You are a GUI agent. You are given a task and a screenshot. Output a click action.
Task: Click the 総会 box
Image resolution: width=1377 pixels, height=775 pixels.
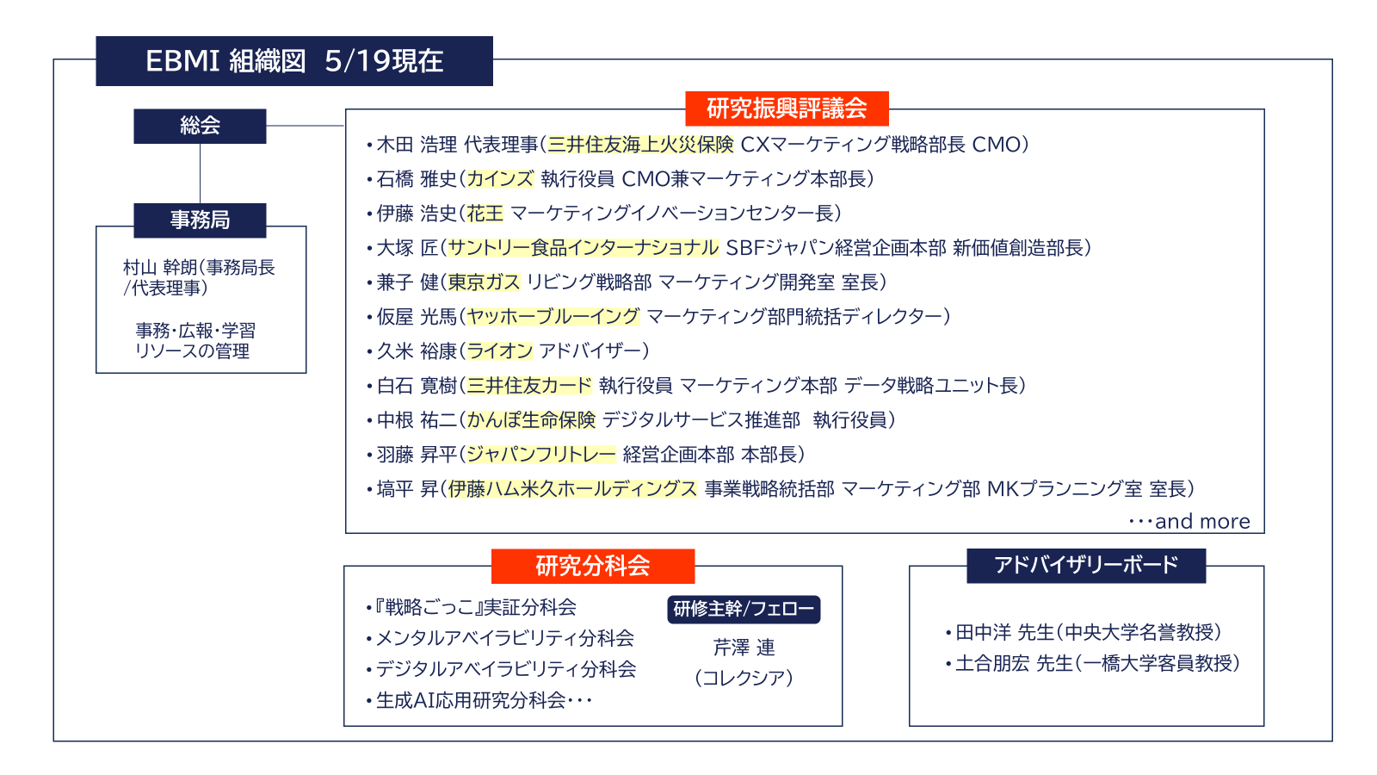tap(200, 126)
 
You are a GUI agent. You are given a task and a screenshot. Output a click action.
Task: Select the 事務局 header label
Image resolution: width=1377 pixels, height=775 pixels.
tap(200, 220)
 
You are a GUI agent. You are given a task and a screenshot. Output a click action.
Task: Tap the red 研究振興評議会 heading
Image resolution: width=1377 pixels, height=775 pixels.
tap(787, 108)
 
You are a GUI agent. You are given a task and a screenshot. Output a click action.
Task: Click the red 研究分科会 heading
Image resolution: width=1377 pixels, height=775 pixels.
tap(593, 566)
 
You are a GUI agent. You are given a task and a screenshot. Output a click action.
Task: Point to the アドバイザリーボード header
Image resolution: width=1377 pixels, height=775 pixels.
tap(1086, 565)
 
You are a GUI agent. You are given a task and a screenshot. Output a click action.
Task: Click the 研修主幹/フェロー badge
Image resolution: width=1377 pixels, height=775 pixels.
tap(744, 609)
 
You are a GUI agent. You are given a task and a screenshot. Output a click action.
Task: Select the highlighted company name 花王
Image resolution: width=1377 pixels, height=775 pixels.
tap(485, 214)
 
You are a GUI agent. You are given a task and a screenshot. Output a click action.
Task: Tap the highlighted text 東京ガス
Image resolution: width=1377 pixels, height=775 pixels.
tap(485, 282)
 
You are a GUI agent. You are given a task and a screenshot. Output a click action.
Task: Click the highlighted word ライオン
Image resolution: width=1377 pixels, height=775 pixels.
tap(500, 351)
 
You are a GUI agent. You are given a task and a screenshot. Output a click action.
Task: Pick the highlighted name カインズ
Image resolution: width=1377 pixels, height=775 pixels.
tap(500, 179)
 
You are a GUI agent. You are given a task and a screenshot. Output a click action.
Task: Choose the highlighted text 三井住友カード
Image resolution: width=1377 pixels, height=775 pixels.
tap(529, 386)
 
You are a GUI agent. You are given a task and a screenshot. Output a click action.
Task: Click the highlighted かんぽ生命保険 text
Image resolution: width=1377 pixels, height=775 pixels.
tap(531, 420)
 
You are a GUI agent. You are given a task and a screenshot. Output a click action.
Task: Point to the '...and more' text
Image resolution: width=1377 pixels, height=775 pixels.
tap(1189, 522)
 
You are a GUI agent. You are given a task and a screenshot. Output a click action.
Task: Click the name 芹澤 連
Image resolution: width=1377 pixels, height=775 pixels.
tap(744, 647)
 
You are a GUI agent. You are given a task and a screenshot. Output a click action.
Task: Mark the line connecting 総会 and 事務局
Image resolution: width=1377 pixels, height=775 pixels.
tap(200, 173)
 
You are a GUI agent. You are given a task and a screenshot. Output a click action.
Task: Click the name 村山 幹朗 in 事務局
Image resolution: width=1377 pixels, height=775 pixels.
tap(160, 268)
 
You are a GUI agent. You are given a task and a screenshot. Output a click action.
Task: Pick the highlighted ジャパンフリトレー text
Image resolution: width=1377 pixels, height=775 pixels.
tap(541, 455)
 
